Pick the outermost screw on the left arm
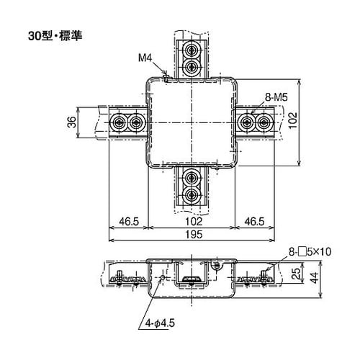click(x=119, y=123)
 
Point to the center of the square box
click(x=192, y=123)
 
